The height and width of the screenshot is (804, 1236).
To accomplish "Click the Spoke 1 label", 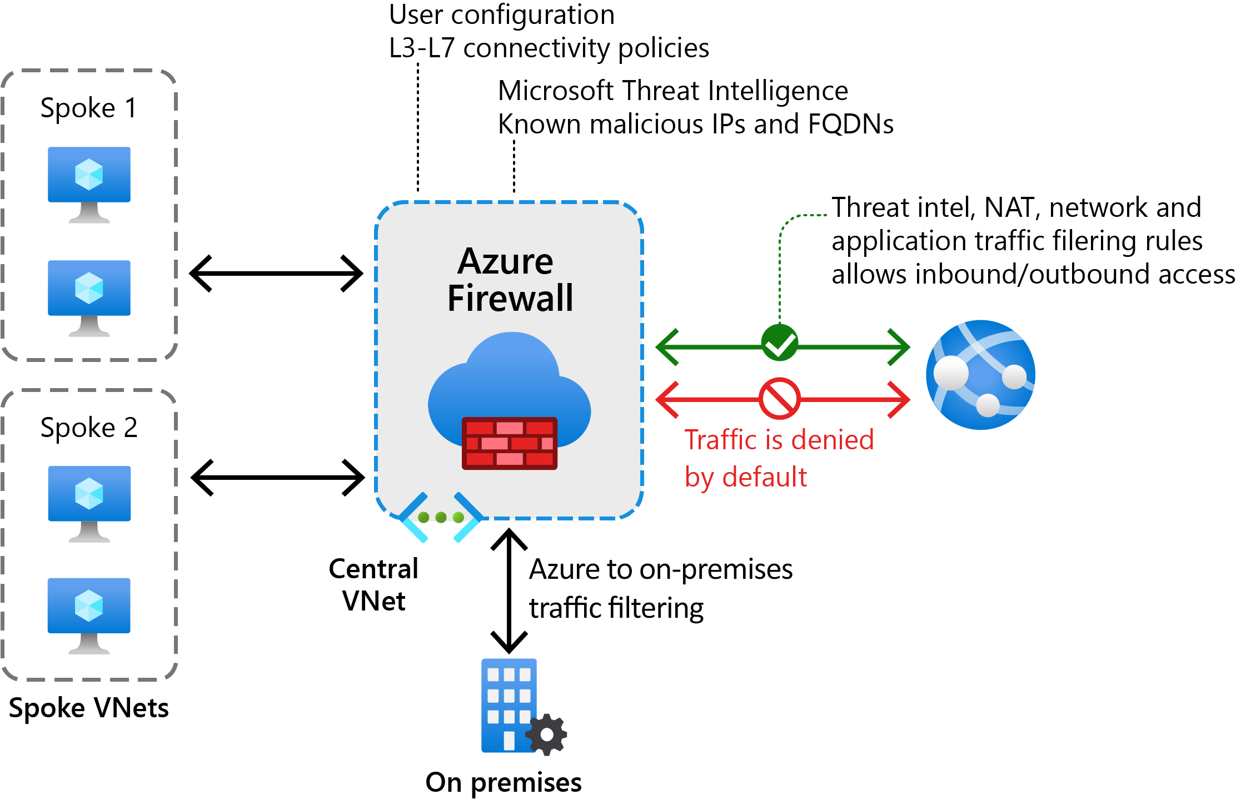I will [89, 108].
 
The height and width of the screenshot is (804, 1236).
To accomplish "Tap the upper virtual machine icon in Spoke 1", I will [89, 183].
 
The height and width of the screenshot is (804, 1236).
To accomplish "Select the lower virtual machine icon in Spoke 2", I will [89, 614].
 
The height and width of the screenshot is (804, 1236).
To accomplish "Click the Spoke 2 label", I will [89, 428].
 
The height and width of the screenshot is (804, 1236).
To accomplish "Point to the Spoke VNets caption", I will [89, 708].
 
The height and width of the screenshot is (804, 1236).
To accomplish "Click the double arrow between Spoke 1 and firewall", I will [276, 274].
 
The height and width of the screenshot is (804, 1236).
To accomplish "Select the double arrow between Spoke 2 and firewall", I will [277, 477].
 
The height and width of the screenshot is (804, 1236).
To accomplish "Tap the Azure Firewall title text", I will [510, 280].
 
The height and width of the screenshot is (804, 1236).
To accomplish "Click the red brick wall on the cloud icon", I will [510, 443].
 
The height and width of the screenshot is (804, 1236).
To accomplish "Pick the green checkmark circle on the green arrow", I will [779, 343].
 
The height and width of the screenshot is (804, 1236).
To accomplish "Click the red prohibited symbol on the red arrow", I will [779, 399].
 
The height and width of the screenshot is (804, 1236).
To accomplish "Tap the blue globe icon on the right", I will [980, 375].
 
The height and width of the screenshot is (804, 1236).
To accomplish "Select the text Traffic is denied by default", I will [778, 458].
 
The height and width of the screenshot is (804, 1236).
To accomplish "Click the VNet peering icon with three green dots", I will [441, 517].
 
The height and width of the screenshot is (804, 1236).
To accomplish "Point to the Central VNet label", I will [373, 584].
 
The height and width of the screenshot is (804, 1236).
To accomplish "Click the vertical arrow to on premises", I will [509, 591].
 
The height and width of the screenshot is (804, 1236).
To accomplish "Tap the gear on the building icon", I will [547, 734].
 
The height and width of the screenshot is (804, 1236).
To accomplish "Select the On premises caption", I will [504, 782].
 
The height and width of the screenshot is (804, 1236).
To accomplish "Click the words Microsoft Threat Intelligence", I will [672, 91].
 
